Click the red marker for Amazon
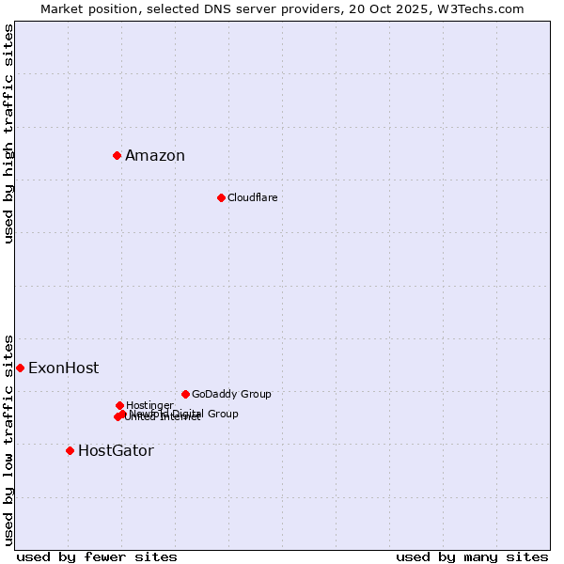pos(117,155)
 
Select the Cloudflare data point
pos(221,197)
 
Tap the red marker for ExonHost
pos(20,368)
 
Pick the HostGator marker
pos(70,450)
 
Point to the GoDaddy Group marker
pos(185,394)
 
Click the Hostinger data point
pos(119,405)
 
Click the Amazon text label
pos(155,156)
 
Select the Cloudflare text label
pos(252,197)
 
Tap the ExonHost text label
pos(63,368)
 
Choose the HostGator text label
pos(116,451)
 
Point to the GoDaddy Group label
pos(231,395)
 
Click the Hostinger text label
pos(150,405)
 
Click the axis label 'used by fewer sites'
pos(97,557)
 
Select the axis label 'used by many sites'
pos(472,557)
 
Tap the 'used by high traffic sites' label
pos(9,133)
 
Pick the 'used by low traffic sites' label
pos(9,439)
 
